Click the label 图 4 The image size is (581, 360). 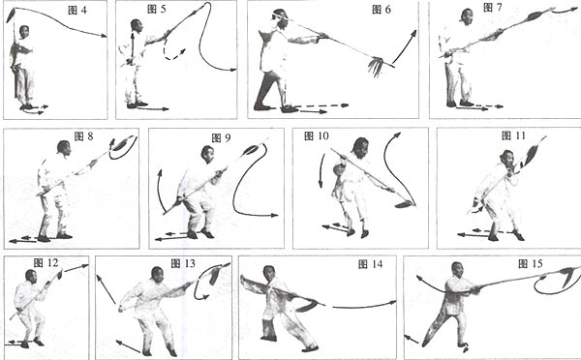coord(77,10)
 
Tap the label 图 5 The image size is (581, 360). coord(157,9)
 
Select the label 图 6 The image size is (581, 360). coord(382,10)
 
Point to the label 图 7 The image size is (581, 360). coord(493,8)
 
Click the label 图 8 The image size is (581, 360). coord(83,136)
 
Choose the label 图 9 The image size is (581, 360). coord(221,138)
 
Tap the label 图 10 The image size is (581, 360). coord(316,136)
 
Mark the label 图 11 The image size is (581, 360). coord(513,135)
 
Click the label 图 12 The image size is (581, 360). coord(46,263)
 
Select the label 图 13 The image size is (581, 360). coord(183,263)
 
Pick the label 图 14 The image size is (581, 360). coord(370,264)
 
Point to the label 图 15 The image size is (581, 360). coord(531,263)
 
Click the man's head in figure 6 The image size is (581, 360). coord(281,18)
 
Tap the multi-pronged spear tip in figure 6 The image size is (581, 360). coord(377,66)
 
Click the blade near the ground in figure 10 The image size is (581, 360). coord(404,203)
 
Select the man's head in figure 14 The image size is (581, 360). coord(268,273)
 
